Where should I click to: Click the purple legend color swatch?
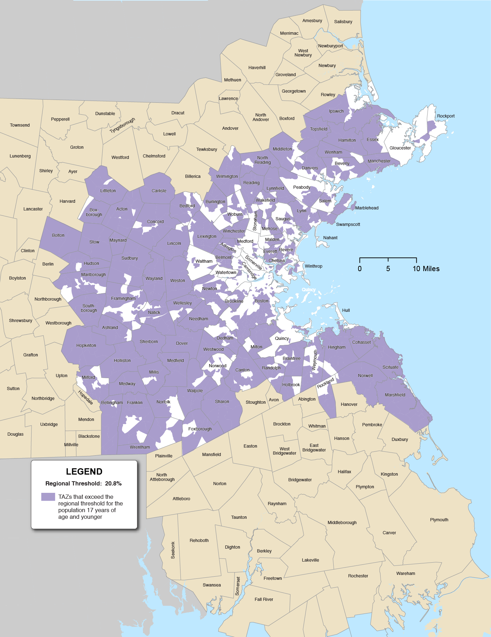click(x=48, y=497)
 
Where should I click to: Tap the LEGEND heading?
click(x=84, y=471)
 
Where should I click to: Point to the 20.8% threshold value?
click(x=113, y=483)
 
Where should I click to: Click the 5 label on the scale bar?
click(x=388, y=269)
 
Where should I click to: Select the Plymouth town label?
click(x=439, y=520)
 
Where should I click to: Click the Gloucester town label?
click(x=400, y=148)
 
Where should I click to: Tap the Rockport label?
click(x=445, y=116)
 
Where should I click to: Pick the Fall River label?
click(x=264, y=599)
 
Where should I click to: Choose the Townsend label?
click(x=20, y=125)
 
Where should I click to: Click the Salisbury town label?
click(x=343, y=22)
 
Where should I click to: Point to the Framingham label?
click(x=123, y=299)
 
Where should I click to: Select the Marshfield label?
click(x=395, y=395)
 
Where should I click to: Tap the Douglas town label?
click(x=15, y=434)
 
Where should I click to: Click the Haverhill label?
click(x=257, y=68)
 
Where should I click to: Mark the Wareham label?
click(x=405, y=574)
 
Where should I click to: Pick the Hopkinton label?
click(x=86, y=346)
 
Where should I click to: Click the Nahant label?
click(x=330, y=238)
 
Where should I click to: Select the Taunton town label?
click(x=239, y=517)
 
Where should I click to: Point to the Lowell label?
click(x=169, y=134)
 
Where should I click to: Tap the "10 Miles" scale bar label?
click(x=426, y=269)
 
